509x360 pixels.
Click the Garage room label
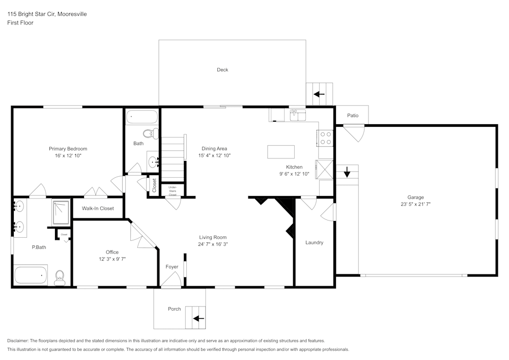415,197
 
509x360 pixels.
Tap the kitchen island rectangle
281,152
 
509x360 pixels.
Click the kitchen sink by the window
298,115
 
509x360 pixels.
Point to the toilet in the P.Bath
60,278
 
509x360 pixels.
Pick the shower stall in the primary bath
61,213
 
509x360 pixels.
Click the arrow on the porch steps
199,318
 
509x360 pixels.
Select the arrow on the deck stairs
319,94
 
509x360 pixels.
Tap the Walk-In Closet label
98,208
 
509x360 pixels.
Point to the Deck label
222,69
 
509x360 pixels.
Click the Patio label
353,115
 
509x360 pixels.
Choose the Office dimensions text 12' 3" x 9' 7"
112,259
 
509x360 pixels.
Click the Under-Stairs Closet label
173,191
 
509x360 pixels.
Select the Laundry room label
314,242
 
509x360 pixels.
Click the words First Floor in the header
20,23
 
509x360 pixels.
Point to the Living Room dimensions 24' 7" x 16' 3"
213,244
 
